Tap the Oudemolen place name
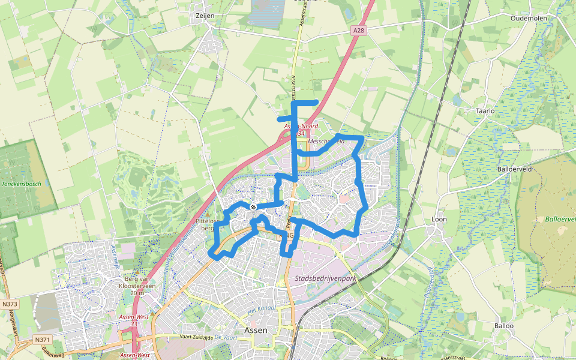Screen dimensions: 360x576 click(528, 19)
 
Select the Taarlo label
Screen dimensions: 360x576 click(485, 111)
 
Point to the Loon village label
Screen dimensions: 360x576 click(439, 220)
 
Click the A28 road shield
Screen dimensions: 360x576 click(358, 29)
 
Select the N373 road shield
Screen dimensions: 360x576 click(10, 304)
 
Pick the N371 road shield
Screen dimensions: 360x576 click(42, 340)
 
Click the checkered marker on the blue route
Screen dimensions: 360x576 click(254, 207)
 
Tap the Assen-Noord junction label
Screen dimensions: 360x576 click(301, 127)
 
